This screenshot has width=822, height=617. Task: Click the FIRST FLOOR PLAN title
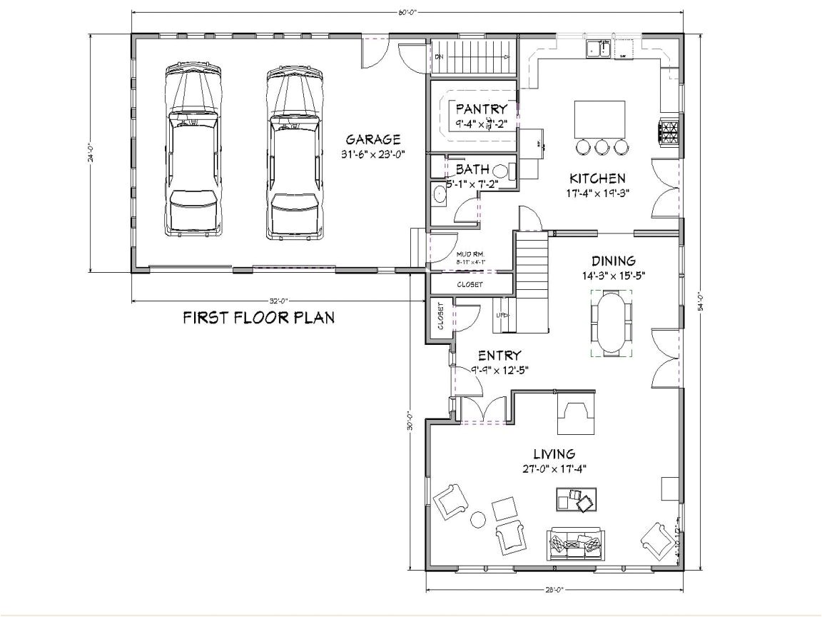[258, 317]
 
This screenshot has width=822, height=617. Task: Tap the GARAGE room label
[372, 140]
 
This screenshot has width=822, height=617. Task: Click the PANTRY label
[482, 109]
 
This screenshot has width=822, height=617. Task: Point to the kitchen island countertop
[599, 118]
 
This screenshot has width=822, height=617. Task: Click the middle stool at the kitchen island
[602, 147]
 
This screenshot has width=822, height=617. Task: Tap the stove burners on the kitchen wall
[669, 134]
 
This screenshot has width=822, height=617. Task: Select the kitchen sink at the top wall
[598, 49]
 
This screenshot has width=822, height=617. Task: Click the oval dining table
[612, 323]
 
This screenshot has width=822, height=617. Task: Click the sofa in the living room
[576, 545]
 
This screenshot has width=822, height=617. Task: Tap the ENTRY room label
[499, 356]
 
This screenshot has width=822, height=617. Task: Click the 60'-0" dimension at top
[407, 12]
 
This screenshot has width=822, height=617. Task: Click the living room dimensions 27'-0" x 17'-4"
[554, 469]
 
